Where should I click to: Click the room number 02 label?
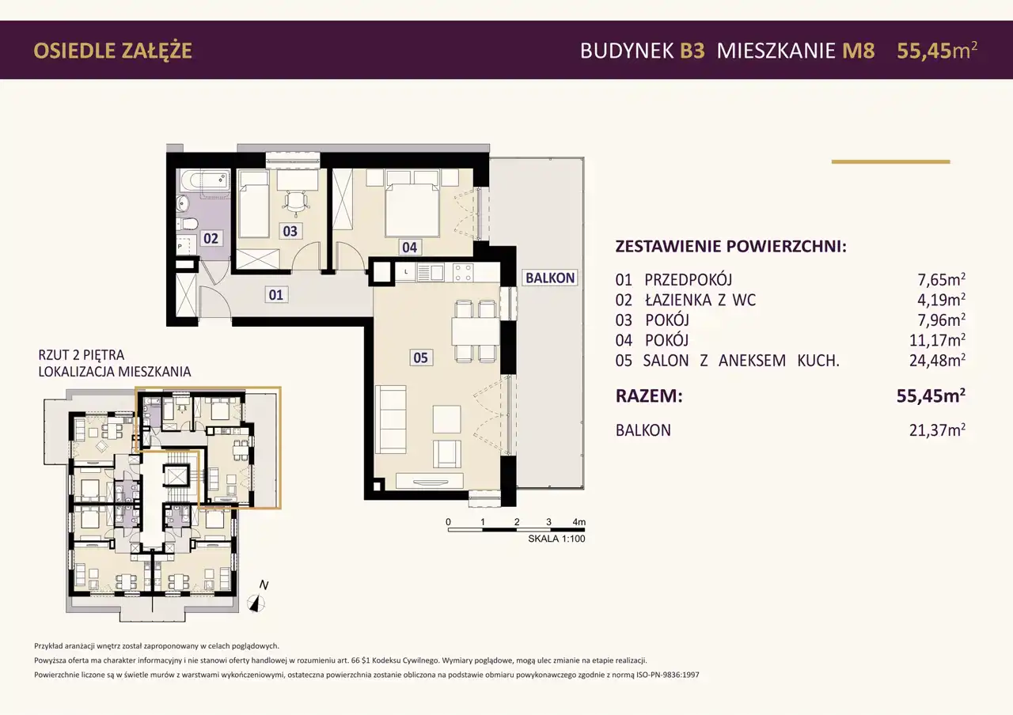tap(211, 238)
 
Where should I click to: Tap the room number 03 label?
tap(290, 231)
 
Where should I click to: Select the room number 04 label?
tap(409, 248)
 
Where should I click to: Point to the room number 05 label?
tap(420, 357)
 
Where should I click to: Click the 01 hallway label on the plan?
tap(276, 295)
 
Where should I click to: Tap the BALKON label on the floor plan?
tap(550, 278)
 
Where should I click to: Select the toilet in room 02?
tap(187, 224)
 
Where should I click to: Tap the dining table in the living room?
tap(476, 331)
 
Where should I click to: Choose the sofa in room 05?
tap(391, 419)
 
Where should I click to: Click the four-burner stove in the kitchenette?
tap(463, 273)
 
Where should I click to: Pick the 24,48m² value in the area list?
tap(937, 360)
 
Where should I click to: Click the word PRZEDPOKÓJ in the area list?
tap(688, 279)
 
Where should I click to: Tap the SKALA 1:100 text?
tap(556, 539)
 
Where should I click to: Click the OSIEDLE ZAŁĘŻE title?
tap(112, 51)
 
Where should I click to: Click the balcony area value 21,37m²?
tap(937, 429)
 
